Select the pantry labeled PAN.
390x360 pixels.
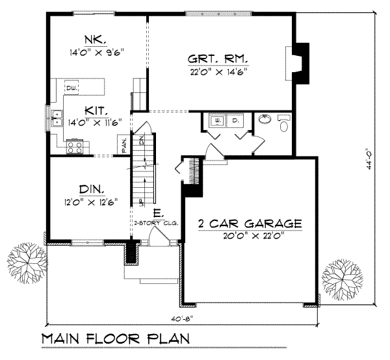pos(123,145)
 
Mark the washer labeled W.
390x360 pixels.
pos(217,122)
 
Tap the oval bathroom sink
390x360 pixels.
pos(264,120)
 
